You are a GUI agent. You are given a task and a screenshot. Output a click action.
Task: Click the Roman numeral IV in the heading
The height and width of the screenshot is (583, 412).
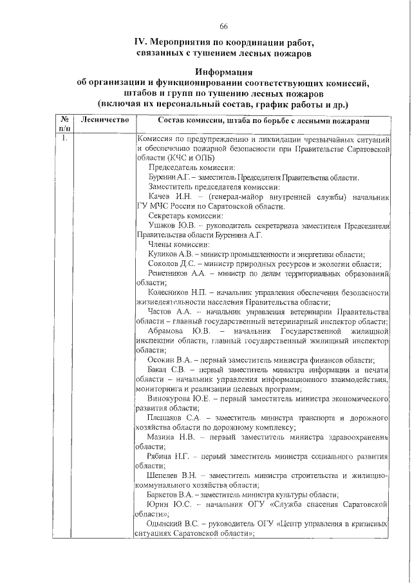coord(140,43)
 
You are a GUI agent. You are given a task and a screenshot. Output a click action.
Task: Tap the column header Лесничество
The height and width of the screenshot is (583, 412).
coord(105,120)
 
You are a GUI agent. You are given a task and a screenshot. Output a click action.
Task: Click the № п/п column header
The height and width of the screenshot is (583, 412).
coord(64,125)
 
